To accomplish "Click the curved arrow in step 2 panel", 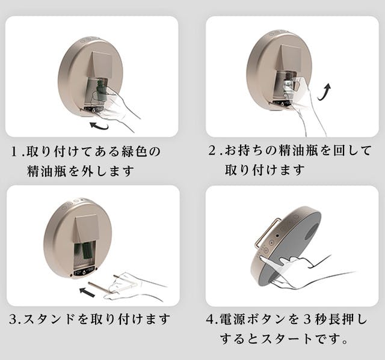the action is (325, 93).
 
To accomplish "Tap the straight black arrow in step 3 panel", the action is (87, 292).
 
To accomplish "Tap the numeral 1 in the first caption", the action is (14, 151).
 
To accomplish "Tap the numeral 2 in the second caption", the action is (212, 151).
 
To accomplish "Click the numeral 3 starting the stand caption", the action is (13, 319).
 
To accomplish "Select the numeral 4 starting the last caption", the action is (211, 319).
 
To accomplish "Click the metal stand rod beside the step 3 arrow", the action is (98, 287).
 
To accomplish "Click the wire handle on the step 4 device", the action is (267, 233).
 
